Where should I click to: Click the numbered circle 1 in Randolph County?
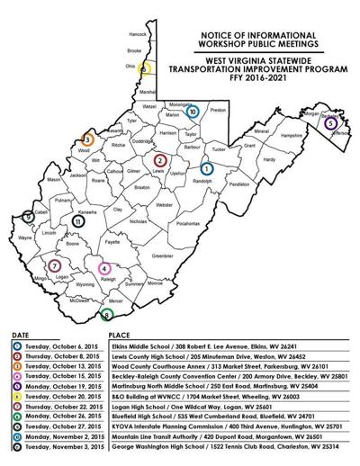(206, 168)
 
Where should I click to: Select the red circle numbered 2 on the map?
(159, 160)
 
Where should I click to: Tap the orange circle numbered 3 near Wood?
(87, 140)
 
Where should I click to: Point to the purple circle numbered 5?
(331, 122)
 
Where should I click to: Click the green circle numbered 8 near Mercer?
(107, 315)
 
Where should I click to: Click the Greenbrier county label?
(161, 256)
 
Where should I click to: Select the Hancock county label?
(137, 34)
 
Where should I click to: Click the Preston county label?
(217, 110)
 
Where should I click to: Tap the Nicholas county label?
(138, 220)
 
